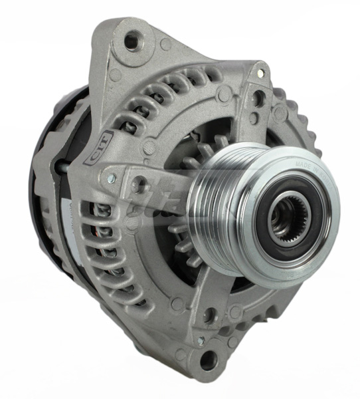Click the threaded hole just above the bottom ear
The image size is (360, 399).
[x=211, y=315]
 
